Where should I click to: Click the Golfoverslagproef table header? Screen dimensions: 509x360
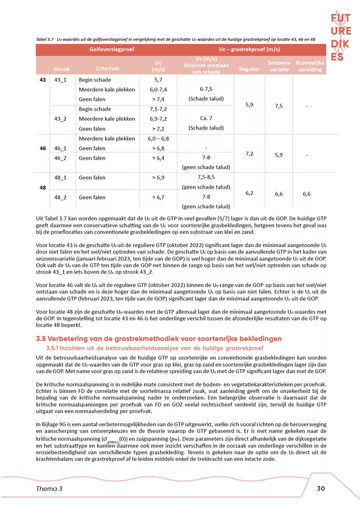(x=112, y=50)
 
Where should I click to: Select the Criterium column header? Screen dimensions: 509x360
(x=107, y=69)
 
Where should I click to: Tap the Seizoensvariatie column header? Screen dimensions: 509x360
(x=279, y=66)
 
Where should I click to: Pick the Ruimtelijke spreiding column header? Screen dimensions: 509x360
(x=310, y=66)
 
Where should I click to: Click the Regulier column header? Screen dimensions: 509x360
(x=249, y=69)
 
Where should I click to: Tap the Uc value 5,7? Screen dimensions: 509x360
(x=159, y=80)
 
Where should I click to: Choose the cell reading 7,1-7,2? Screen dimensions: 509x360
(x=159, y=109)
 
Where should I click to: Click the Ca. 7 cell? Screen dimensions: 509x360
(x=205, y=119)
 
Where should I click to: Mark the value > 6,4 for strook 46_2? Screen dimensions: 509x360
(x=159, y=158)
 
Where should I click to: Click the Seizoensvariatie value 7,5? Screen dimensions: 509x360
(x=279, y=106)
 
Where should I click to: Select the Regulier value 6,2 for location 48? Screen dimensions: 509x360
(x=250, y=194)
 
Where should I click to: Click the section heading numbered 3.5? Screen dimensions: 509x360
(x=159, y=339)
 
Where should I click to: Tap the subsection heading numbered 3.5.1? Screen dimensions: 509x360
(x=155, y=348)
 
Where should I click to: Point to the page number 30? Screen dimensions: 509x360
(x=321, y=489)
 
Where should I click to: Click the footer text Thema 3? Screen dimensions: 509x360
(x=49, y=489)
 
